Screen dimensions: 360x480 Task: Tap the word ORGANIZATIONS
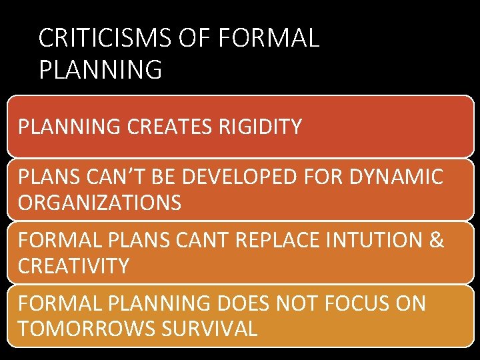point(99,203)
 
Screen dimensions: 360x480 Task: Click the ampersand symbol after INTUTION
point(437,241)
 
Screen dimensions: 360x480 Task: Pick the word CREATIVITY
point(73,266)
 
